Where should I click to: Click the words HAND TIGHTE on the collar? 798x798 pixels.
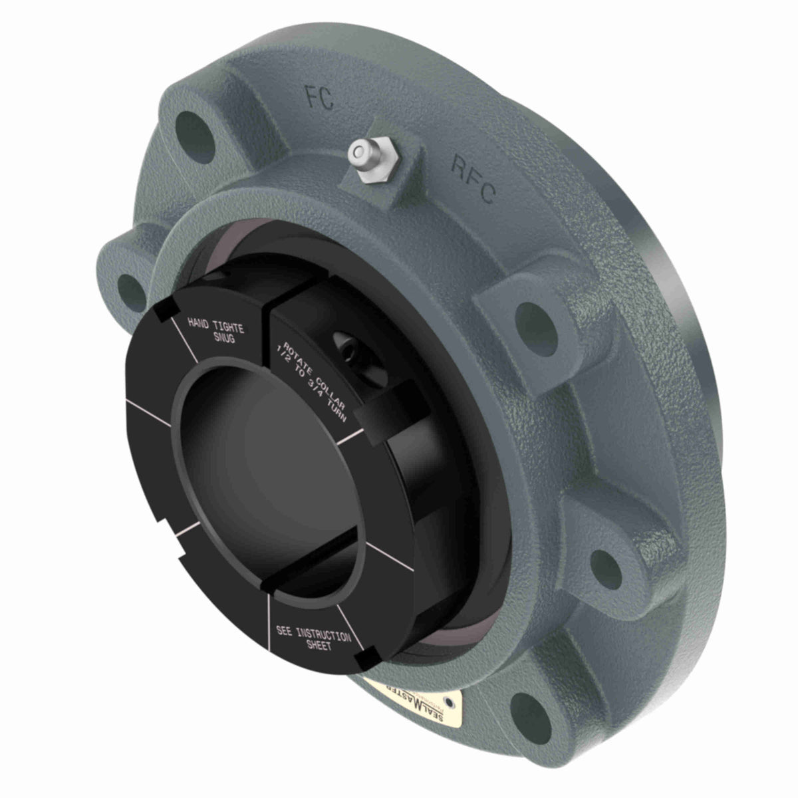click(x=216, y=326)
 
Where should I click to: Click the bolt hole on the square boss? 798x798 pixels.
click(x=534, y=317)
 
